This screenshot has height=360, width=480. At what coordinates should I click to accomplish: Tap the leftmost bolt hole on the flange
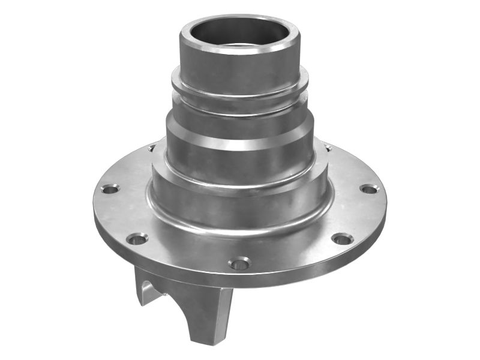click(109, 189)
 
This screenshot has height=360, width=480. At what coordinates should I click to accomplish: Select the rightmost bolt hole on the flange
click(369, 190)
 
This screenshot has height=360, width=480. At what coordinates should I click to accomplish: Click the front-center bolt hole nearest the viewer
click(239, 263)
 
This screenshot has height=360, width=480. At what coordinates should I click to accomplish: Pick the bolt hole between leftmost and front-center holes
click(137, 239)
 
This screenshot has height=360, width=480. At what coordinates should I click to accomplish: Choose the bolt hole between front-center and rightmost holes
click(341, 239)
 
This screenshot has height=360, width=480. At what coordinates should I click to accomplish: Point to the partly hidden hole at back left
click(151, 148)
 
